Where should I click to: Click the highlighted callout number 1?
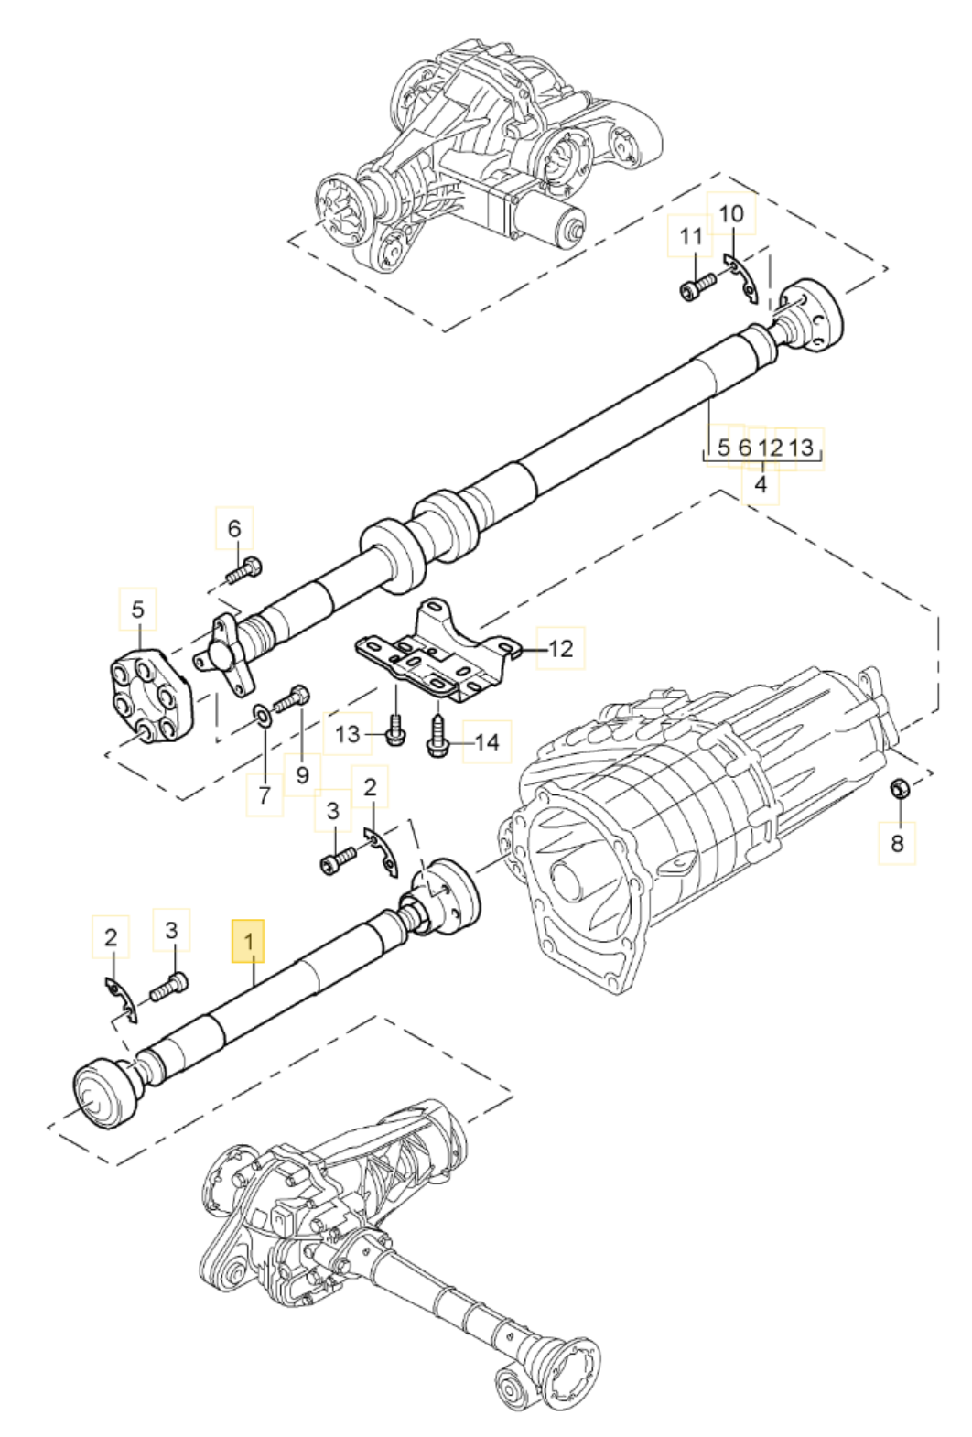249,942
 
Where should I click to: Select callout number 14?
487,742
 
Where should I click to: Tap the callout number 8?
897,843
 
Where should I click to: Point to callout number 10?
731,213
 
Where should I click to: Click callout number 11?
691,236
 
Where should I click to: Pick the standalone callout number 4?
761,484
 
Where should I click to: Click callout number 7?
265,794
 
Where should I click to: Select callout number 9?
302,775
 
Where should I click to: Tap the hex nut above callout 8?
900,788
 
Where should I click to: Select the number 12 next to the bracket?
561,649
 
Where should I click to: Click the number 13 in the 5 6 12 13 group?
801,448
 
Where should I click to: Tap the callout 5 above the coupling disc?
138,609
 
